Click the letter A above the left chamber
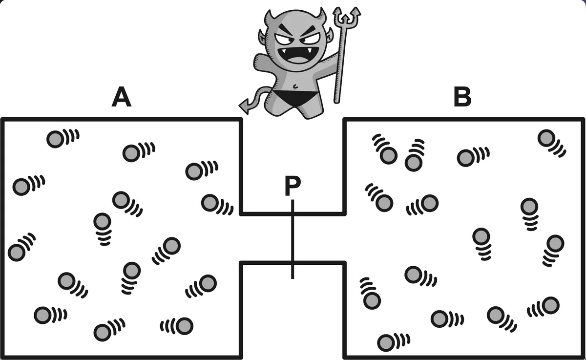pos(122,97)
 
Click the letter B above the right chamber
pos(462,97)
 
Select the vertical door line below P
pos(293,239)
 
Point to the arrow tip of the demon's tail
pos(244,106)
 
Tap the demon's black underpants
pos(293,98)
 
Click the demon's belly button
pos(295,85)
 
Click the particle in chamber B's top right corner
pos(546,138)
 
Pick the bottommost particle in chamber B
pos(386,342)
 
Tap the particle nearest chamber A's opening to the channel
pos(210,203)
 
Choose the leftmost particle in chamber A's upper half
pos(21,187)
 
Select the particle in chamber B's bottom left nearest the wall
pos(372,300)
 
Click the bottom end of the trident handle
pos(336,102)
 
